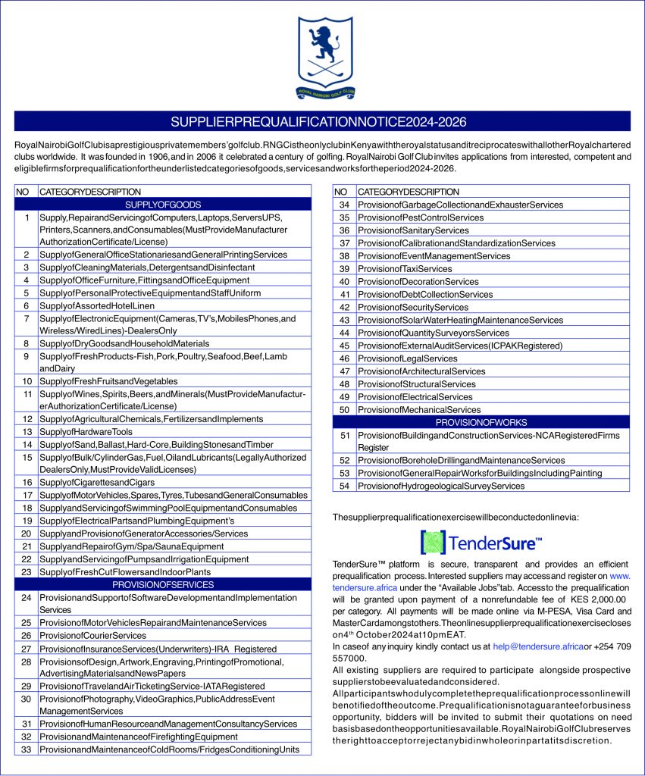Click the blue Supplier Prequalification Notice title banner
[x=322, y=121]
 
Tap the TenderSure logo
[x=481, y=543]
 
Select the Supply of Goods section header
[x=163, y=205]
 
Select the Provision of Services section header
[x=163, y=584]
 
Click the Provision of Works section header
[x=481, y=422]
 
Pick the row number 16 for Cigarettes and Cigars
[x=27, y=482]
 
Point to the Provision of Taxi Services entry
[x=405, y=268]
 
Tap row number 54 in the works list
[x=344, y=486]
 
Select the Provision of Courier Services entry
[x=92, y=635]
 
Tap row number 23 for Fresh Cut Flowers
[x=27, y=571]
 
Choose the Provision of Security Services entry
[x=413, y=307]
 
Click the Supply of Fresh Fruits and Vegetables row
[x=108, y=381]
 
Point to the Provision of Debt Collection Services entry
[x=425, y=294]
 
